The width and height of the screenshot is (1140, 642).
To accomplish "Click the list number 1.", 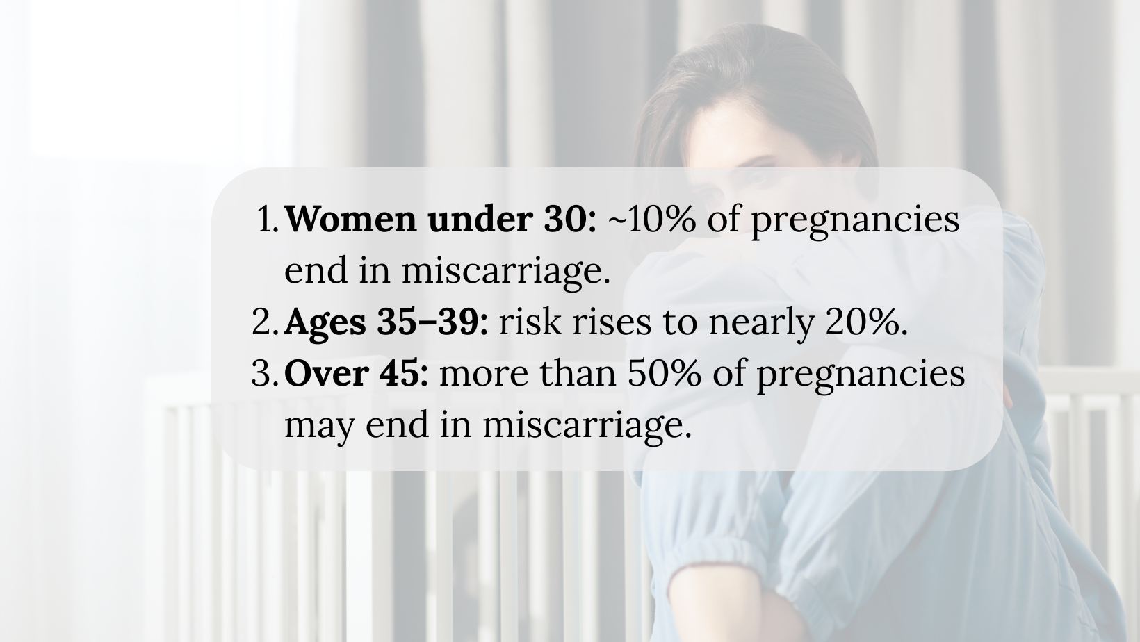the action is [268, 220].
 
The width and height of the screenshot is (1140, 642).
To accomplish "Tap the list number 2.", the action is [265, 322].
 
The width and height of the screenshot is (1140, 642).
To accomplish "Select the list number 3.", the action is [265, 373].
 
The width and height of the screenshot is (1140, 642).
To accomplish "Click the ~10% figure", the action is [652, 220].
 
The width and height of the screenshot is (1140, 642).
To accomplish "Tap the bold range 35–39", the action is [428, 322].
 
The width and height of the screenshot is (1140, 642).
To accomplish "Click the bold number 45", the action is [400, 373].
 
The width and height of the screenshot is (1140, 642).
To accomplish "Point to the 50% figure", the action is [664, 373].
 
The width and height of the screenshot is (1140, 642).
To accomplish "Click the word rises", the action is [612, 322].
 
